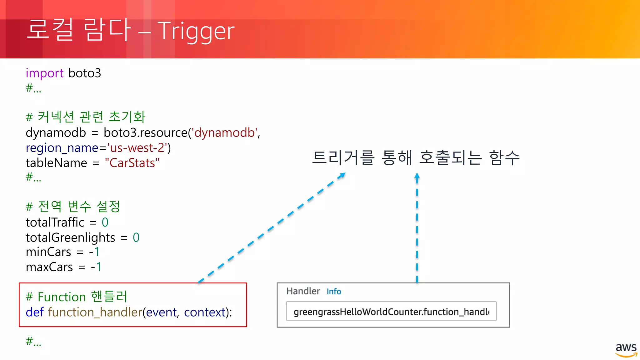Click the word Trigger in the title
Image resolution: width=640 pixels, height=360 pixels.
196,31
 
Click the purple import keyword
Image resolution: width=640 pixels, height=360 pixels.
44,73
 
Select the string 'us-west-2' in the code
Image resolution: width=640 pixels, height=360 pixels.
137,148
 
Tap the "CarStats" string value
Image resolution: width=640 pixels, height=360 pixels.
132,163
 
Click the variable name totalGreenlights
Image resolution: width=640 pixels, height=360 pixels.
70,237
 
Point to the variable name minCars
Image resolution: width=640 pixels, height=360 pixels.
48,252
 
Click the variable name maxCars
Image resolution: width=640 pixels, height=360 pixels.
49,267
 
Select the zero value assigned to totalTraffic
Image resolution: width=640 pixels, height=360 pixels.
105,222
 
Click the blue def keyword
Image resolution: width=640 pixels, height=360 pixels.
34,312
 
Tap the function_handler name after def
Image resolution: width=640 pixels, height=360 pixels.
95,312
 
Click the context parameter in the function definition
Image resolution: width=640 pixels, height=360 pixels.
205,312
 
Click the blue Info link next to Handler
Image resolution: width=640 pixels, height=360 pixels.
334,292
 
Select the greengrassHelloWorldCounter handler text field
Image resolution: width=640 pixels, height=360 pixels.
391,311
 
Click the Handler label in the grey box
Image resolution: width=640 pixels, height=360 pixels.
303,291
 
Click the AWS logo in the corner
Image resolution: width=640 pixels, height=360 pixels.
626,350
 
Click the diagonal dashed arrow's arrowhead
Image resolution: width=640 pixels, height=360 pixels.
342,175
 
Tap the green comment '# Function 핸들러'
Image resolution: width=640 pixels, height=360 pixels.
76,297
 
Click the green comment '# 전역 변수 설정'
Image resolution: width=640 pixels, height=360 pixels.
73,207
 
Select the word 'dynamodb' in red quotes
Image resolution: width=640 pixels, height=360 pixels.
224,133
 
